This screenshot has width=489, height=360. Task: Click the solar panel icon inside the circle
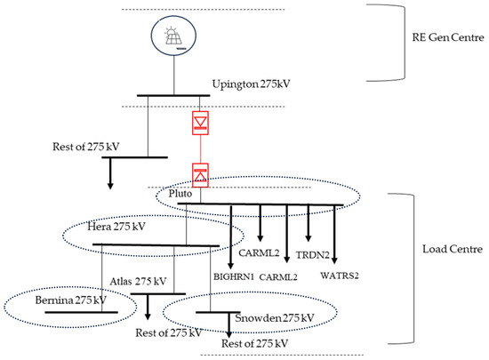(x=173, y=36)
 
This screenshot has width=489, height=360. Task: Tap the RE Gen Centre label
(x=448, y=37)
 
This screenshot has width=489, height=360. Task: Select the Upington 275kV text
(x=251, y=84)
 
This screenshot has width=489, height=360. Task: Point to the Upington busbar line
(x=173, y=95)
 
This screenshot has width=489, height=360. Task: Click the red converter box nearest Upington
(x=200, y=123)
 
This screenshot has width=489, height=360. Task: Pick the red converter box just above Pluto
(x=200, y=175)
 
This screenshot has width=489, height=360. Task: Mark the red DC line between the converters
(x=201, y=149)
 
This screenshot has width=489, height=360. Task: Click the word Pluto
(x=180, y=194)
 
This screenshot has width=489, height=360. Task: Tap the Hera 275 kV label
(x=116, y=227)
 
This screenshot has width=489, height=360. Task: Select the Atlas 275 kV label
(x=138, y=281)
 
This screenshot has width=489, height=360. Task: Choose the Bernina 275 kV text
(x=71, y=300)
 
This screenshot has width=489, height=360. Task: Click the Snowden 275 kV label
(x=275, y=318)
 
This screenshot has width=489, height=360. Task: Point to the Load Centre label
(x=453, y=249)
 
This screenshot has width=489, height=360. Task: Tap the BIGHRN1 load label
(x=234, y=276)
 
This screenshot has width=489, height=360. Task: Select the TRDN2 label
(x=312, y=255)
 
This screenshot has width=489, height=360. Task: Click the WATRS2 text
(x=340, y=276)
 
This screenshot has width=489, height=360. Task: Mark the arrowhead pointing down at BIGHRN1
(x=231, y=265)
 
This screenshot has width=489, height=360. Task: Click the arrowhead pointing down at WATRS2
(x=334, y=260)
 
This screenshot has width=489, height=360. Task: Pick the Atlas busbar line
(x=157, y=293)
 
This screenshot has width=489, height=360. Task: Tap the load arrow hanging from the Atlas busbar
(x=148, y=307)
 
